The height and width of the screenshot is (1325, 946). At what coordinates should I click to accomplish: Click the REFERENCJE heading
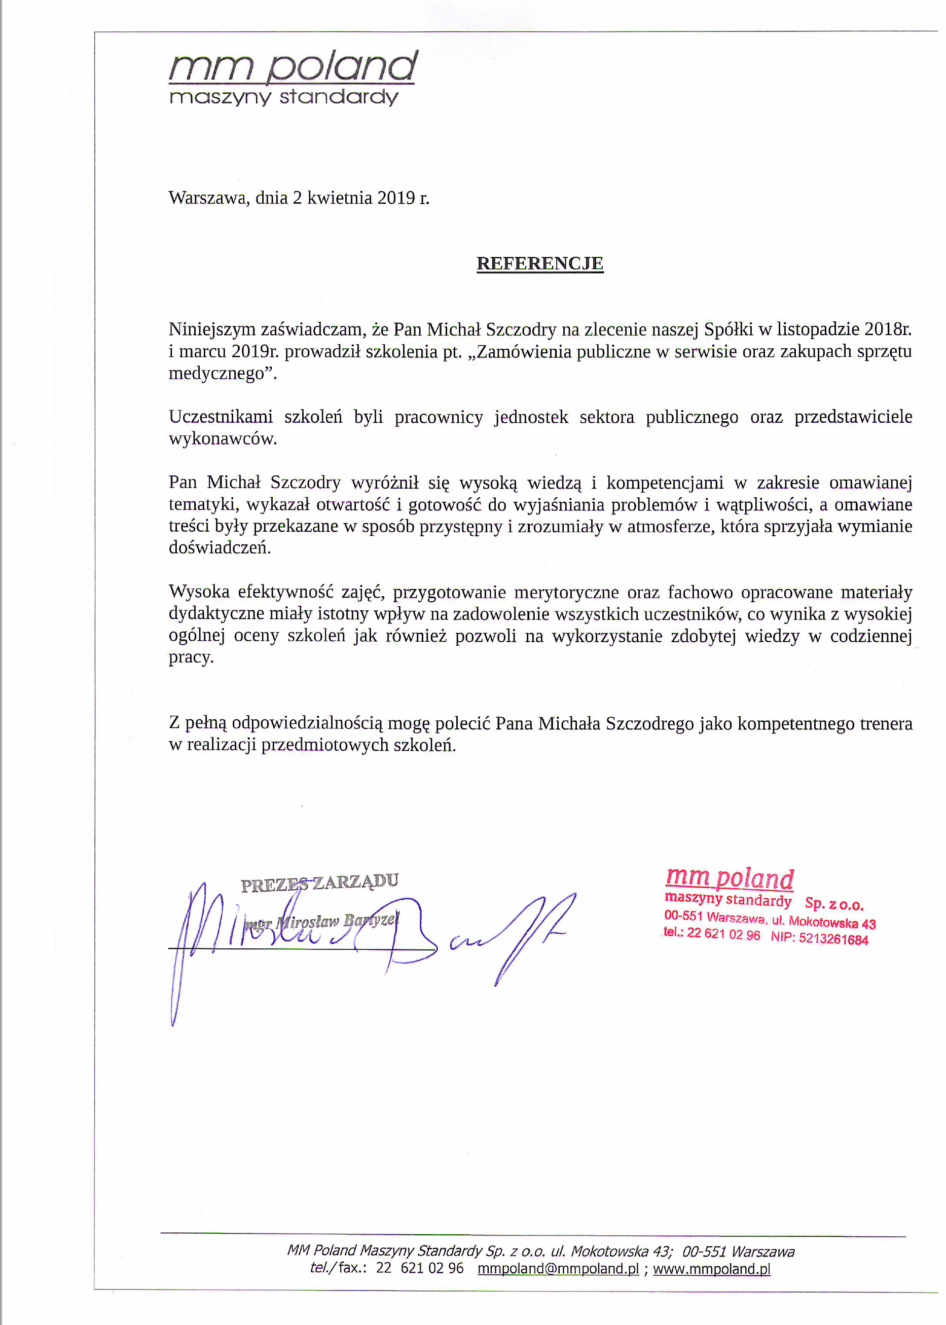click(x=539, y=263)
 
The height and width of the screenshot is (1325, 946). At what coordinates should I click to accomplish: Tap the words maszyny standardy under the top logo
click(x=284, y=97)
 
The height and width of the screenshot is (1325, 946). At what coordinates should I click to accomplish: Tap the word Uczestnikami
click(x=220, y=417)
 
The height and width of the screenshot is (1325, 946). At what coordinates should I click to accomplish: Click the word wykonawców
click(x=222, y=439)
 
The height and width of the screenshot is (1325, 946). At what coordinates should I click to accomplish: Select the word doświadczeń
click(x=219, y=548)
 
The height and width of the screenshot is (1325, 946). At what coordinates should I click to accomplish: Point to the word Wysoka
click(x=199, y=592)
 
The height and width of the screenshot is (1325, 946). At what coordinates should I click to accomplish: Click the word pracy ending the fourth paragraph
click(x=190, y=658)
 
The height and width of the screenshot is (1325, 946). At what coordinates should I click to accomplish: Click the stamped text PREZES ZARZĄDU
click(x=320, y=883)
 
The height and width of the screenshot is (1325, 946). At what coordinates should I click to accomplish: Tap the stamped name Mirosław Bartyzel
click(x=337, y=922)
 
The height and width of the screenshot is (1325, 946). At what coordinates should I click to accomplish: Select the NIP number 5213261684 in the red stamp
click(x=833, y=939)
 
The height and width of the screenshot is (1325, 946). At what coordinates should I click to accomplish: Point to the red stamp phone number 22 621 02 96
click(x=723, y=934)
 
